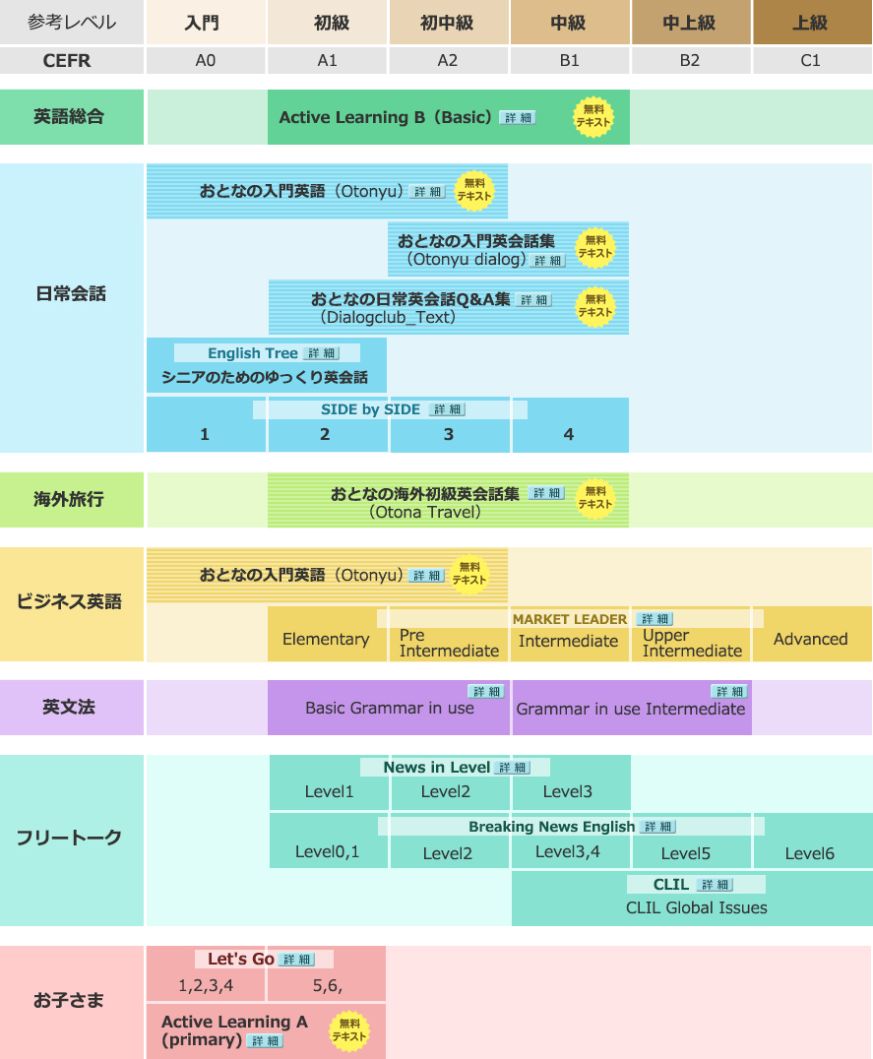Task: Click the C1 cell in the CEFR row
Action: point(810,60)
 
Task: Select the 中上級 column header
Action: point(689,23)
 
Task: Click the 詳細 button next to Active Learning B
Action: point(518,117)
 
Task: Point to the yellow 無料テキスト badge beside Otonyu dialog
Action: point(594,246)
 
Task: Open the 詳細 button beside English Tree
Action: point(322,353)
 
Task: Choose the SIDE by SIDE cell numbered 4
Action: point(568,434)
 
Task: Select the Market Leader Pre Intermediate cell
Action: point(449,642)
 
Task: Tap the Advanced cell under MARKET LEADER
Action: point(810,639)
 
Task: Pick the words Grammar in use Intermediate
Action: point(631,709)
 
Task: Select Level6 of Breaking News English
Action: point(810,853)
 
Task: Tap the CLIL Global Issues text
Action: point(696,907)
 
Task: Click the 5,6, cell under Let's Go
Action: point(327,984)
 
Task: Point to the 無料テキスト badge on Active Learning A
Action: point(348,1029)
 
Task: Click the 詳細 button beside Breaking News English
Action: point(657,827)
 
